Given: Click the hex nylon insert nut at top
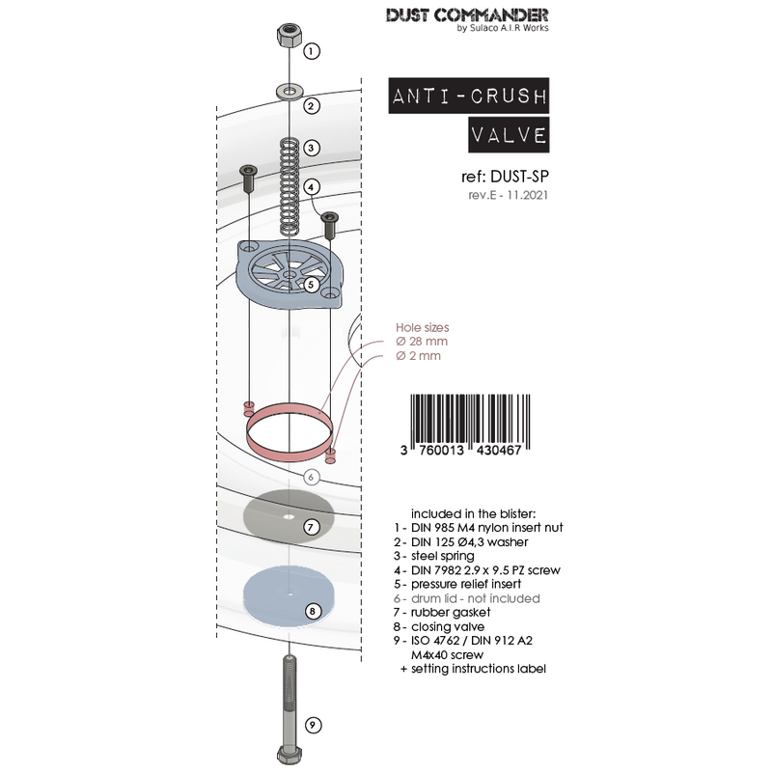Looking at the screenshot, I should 286,38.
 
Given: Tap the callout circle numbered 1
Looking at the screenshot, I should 312,49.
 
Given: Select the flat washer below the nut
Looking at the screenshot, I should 287,91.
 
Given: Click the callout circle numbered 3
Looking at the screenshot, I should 312,149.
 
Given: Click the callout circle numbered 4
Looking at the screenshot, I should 312,187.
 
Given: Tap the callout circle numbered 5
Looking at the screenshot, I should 312,284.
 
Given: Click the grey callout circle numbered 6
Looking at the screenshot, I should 311,477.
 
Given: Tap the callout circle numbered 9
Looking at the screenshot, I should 312,726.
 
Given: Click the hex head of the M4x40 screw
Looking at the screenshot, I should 287,754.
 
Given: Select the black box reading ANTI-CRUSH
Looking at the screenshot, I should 468,97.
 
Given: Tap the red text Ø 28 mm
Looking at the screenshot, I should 422,342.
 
